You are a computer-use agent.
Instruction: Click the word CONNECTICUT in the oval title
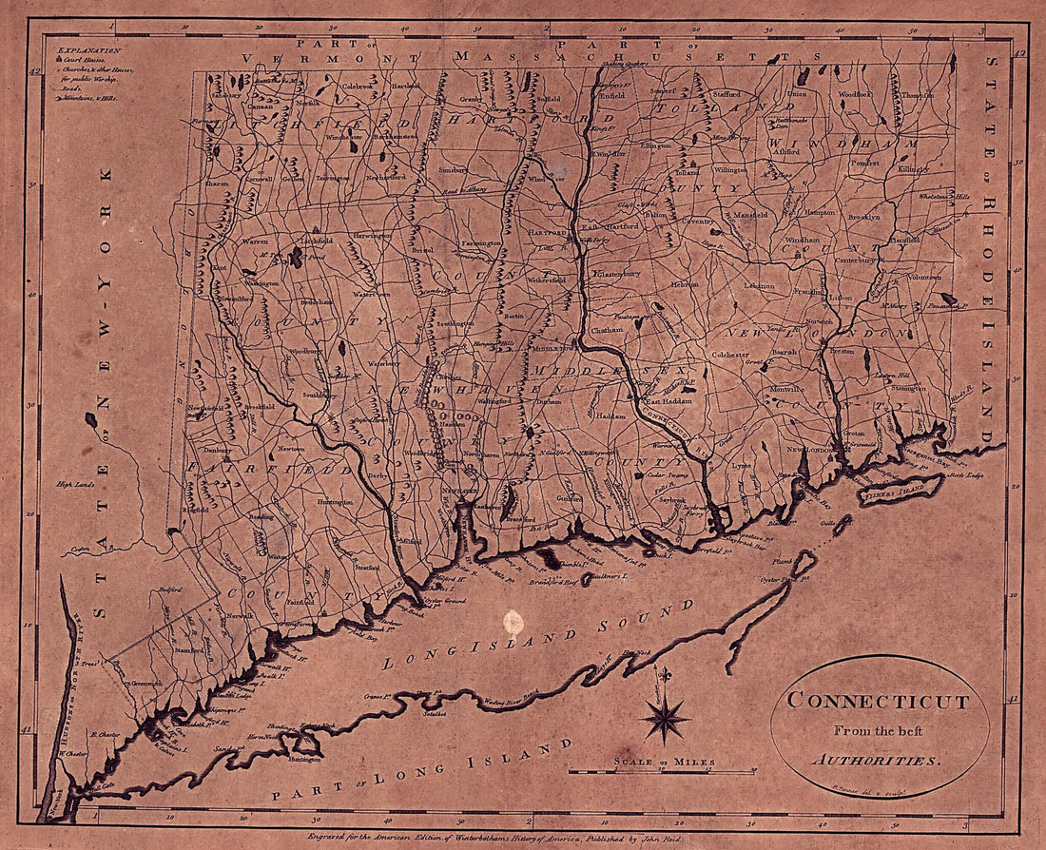coord(878,703)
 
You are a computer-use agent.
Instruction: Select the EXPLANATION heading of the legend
coord(88,48)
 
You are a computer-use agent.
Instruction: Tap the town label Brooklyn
coord(864,217)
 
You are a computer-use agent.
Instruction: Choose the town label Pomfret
coord(865,163)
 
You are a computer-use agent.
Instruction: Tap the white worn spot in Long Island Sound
coord(513,623)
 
